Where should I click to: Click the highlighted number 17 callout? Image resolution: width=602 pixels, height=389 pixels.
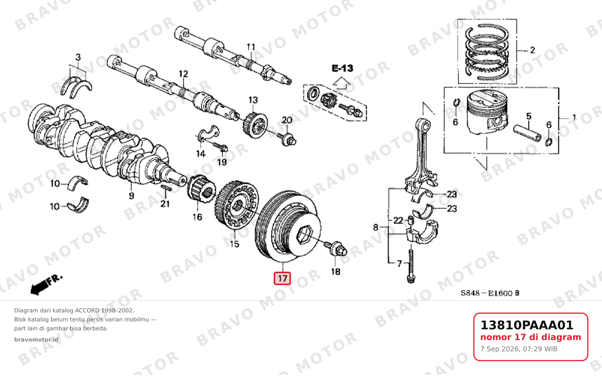pos(282,278)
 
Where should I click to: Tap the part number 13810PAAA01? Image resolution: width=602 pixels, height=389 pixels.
pos(527,325)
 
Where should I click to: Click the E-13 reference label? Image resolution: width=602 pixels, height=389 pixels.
pos(342,68)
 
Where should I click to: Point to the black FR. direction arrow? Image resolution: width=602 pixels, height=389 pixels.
pos(46,285)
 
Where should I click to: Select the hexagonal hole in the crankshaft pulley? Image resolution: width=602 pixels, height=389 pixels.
pos(304,235)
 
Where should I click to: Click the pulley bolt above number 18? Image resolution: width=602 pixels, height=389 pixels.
pos(336,248)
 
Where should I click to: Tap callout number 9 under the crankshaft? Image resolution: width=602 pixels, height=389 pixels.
pos(131,195)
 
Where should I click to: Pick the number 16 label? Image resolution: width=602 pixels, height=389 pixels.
pos(197,217)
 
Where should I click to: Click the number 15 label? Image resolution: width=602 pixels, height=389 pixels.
pos(235,244)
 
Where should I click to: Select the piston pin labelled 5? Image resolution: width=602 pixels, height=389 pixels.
pos(527,133)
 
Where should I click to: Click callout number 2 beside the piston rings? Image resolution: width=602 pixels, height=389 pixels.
pos(533,50)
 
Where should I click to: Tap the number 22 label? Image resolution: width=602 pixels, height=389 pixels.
pos(398,221)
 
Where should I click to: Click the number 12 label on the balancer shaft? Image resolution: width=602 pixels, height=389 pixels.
pos(183,74)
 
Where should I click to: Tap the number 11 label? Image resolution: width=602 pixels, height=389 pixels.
pos(251,47)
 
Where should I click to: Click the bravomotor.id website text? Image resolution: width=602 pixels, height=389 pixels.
pos(36,340)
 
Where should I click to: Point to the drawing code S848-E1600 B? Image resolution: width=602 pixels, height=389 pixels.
pos(490,293)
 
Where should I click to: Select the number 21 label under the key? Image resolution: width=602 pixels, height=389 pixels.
pos(165,204)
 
